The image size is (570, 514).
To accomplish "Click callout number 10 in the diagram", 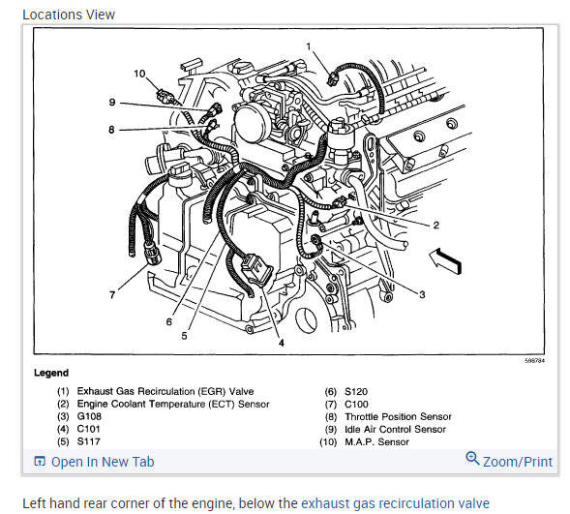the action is point(139,74).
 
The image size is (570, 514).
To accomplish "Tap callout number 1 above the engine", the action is point(309,46).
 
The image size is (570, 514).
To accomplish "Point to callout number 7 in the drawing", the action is point(112,295).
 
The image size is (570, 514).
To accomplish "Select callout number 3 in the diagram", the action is point(422,294).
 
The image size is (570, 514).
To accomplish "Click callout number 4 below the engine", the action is point(282,343).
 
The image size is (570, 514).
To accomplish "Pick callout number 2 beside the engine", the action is point(436,226).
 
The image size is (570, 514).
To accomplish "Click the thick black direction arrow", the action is point(446,260).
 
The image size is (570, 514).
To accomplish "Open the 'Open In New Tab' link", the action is point(103,462).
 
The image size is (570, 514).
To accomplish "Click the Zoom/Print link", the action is point(518,462).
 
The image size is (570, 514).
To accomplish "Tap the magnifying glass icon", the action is point(472,458).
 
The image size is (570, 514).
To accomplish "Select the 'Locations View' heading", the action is point(69,15).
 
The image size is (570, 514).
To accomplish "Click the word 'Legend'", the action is point(51,373).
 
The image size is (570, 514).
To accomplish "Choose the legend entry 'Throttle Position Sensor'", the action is point(398,416).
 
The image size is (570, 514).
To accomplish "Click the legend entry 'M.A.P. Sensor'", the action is point(377,442).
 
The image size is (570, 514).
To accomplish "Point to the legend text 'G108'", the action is point(89,416).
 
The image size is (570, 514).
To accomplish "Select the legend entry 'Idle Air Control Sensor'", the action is point(395,430).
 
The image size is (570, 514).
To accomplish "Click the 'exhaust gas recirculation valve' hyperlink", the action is point(395,503).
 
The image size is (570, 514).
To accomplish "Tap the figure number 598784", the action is point(535,361).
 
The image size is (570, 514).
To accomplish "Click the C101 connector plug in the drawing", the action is point(257,271).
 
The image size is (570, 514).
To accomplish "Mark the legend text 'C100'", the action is point(356,405).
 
